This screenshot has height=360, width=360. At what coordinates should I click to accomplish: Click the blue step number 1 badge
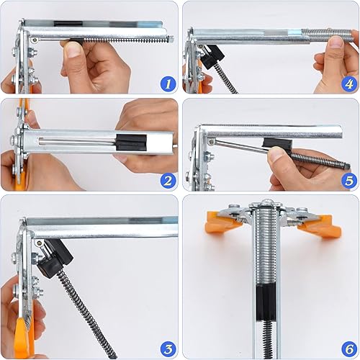click(168, 84)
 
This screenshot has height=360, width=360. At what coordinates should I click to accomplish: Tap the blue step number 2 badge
click(168, 181)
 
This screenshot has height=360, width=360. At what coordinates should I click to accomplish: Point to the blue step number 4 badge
click(349, 84)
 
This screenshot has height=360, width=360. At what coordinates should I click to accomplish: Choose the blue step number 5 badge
click(349, 181)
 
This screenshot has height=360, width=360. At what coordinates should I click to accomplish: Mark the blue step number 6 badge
click(349, 348)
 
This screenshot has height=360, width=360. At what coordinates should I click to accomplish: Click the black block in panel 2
click(131, 143)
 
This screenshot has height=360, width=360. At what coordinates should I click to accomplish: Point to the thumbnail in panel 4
click(336, 42)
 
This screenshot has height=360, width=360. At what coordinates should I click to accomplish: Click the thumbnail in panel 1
click(74, 50)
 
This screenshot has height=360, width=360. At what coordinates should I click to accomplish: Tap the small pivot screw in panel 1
click(35, 40)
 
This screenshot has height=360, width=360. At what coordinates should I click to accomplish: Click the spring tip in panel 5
click(347, 166)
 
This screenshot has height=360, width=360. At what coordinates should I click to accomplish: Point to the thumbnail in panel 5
click(277, 153)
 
